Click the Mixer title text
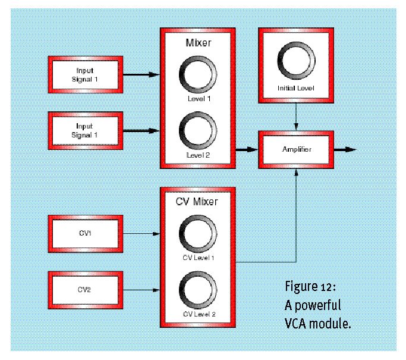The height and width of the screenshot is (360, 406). (199, 43)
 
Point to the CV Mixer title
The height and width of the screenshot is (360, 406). (197, 202)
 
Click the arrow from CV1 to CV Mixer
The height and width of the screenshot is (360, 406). (141, 234)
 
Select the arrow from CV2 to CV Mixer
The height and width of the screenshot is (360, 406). (141, 290)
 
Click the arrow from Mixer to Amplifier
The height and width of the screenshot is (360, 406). (247, 149)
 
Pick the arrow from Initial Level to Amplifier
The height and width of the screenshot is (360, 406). (296, 117)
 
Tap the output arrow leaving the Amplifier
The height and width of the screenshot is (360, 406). (345, 149)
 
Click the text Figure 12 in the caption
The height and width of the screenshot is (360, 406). (310, 287)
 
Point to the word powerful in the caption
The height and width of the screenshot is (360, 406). (318, 306)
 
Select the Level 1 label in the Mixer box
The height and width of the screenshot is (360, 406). (199, 99)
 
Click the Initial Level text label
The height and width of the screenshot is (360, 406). (296, 89)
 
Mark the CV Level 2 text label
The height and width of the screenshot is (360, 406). (199, 314)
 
